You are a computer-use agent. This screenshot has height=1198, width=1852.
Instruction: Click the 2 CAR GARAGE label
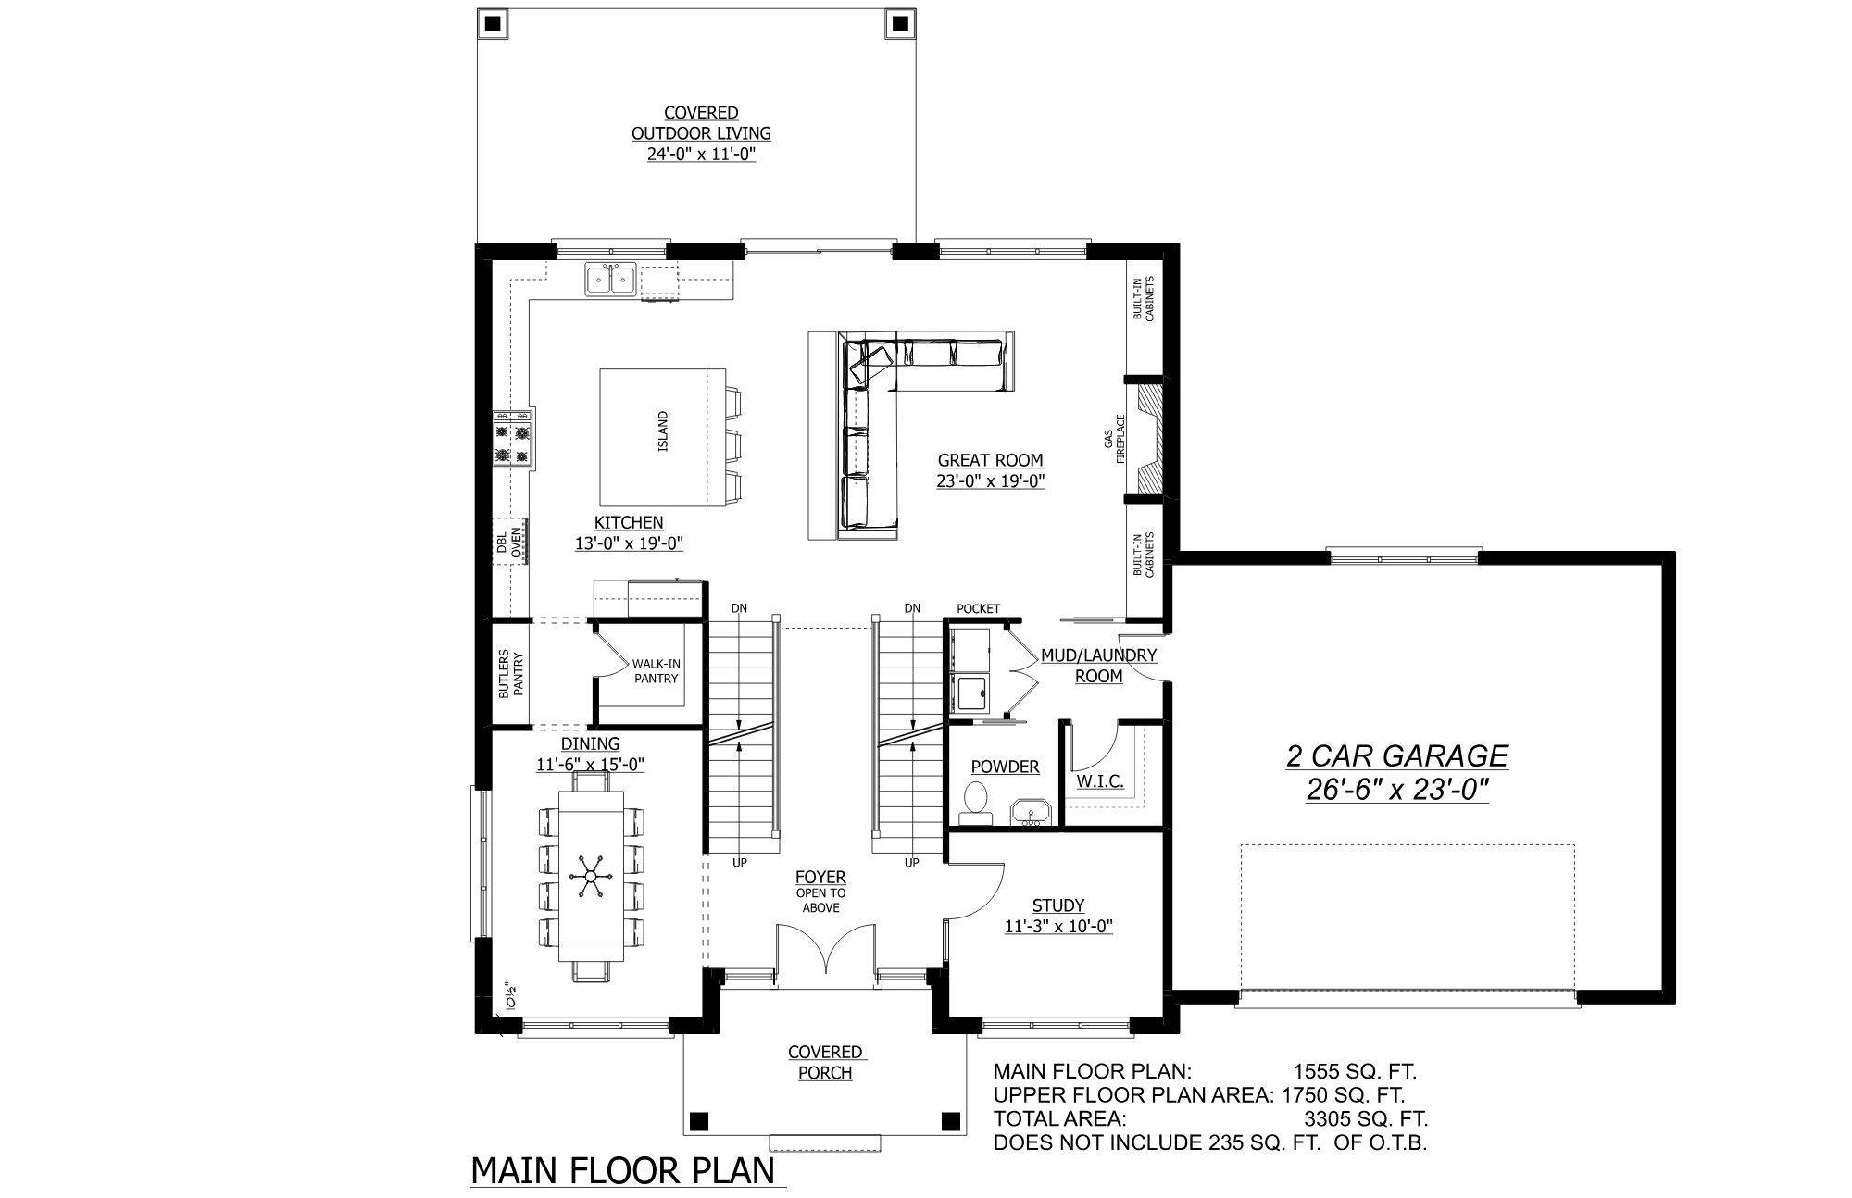(1396, 756)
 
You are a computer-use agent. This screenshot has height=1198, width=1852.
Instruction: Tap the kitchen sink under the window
(610, 280)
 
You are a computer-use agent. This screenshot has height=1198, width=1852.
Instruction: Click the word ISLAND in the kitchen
(662, 431)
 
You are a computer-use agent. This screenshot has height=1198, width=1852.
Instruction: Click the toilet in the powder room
(976, 801)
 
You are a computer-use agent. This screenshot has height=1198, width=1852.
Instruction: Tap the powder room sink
(1029, 813)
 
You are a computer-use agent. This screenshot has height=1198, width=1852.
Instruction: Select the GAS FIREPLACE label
(1114, 440)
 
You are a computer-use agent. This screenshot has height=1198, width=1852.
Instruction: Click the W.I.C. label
(1100, 781)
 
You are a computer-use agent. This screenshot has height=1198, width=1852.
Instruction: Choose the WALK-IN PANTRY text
(656, 671)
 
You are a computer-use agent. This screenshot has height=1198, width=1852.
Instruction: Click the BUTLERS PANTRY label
(511, 673)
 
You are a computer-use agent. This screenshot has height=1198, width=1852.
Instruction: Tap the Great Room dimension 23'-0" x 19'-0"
(990, 481)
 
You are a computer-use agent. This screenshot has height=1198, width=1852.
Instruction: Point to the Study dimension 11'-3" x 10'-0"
(1058, 925)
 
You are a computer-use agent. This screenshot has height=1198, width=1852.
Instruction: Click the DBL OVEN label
(508, 542)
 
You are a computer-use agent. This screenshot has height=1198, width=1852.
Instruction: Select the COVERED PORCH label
(826, 1062)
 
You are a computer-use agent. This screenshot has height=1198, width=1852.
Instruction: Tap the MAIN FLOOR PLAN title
(623, 1170)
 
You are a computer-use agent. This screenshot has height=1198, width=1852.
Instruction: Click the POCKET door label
(978, 608)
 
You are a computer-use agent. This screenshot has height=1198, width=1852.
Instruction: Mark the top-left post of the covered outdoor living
(492, 23)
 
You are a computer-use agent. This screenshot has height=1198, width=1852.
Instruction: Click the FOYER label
(820, 877)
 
